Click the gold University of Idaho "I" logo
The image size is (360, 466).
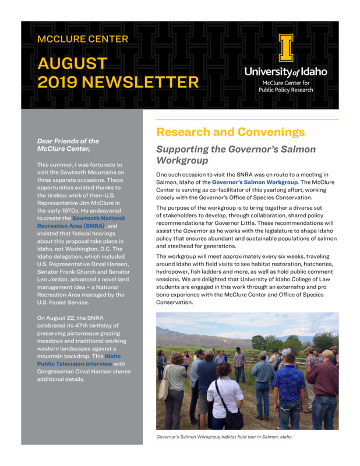285,48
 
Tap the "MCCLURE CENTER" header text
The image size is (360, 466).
82,40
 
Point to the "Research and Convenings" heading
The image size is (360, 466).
230,132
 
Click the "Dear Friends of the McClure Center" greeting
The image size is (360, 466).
68,144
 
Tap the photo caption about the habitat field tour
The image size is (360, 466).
224,437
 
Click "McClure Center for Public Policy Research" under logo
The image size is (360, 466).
285,86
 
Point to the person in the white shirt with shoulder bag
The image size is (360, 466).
224,396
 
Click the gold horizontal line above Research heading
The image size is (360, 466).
247,119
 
